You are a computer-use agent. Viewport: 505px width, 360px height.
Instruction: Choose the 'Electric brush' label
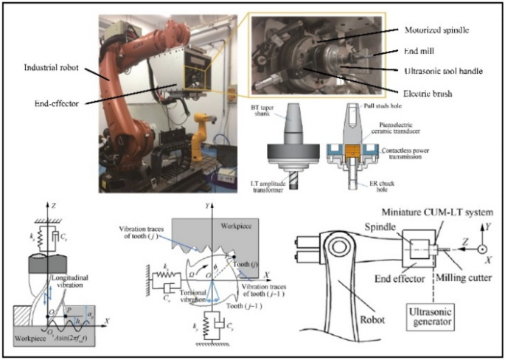point(428,94)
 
